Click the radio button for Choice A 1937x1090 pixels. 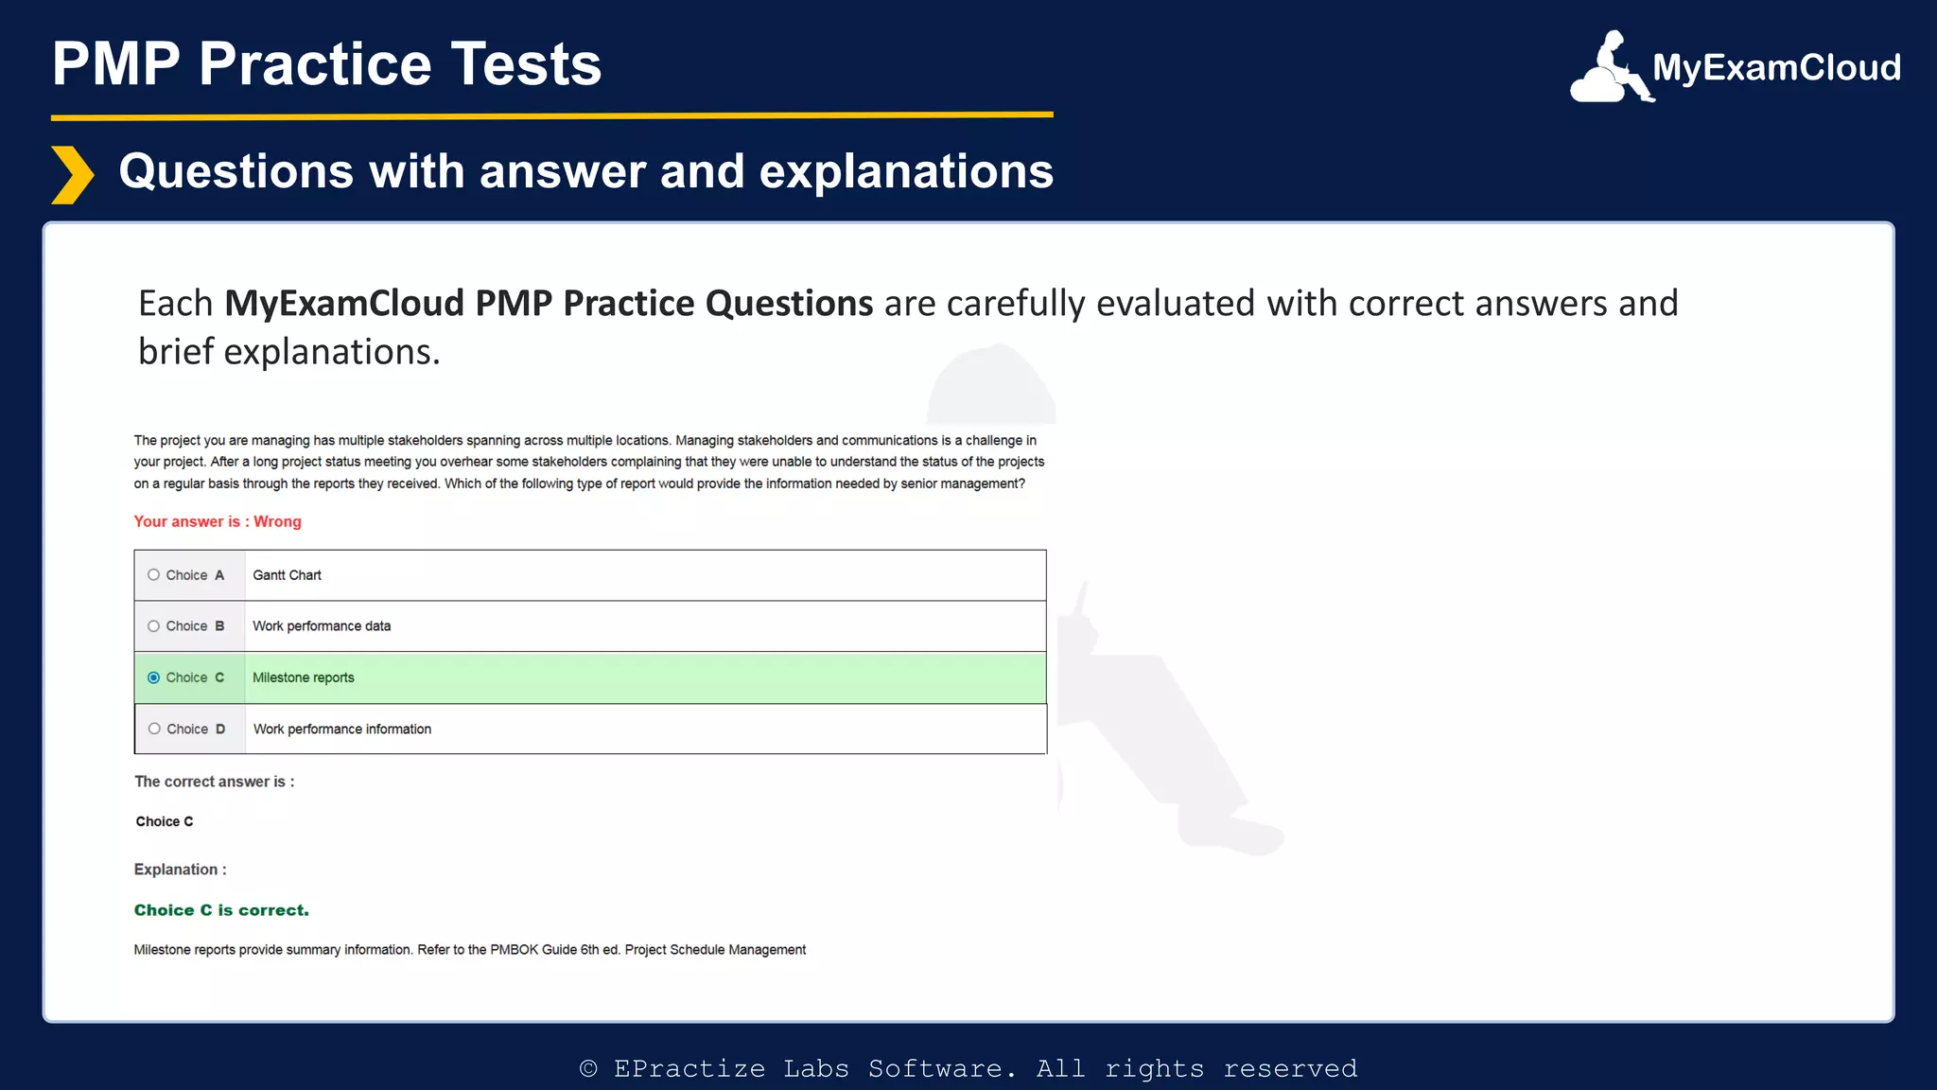pos(153,575)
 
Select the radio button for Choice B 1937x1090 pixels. pos(153,626)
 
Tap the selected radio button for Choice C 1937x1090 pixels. pos(153,677)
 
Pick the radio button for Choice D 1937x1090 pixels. pos(154,729)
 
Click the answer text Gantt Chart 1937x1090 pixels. pos(287,575)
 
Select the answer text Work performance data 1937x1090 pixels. pos(322,626)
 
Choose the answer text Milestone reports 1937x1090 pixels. pos(304,677)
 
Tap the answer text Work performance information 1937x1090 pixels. pos(342,730)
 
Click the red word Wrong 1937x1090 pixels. pos(277,521)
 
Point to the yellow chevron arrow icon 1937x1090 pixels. pos(72,175)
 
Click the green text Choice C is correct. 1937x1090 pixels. pos(221,910)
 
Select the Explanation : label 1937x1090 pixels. pos(180,870)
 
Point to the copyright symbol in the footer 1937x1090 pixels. pos(588,1069)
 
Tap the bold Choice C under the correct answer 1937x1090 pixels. pos(165,821)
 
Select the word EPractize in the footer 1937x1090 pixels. pos(689,1069)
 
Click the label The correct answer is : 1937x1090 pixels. pos(214,782)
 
